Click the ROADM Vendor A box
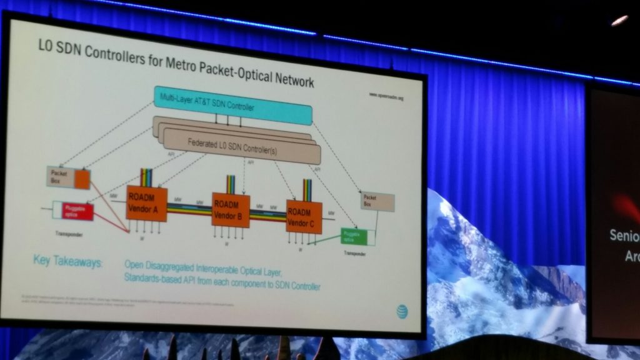(146, 203)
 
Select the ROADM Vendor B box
(231, 210)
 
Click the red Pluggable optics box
(78, 211)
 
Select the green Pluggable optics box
(351, 236)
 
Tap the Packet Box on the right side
(377, 202)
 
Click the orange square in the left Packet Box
(82, 179)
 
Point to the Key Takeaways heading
(67, 261)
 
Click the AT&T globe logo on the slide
(401, 311)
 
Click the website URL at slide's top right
(386, 96)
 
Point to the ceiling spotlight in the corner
(619, 21)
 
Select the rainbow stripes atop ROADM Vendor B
(230, 184)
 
